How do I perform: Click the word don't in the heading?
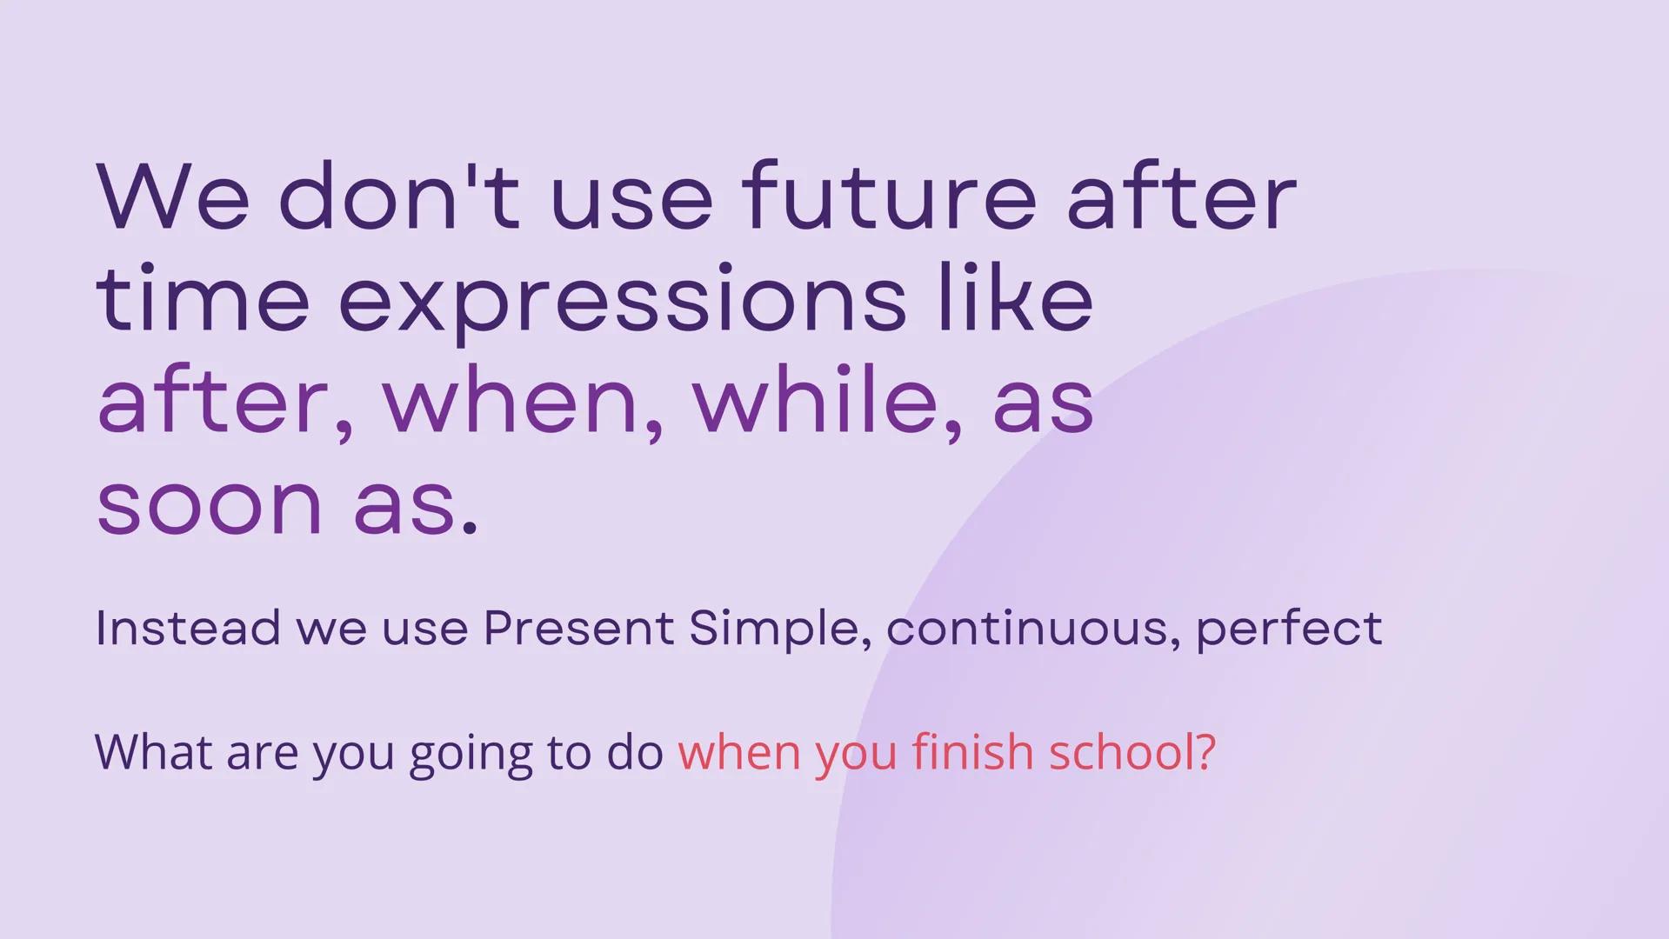pyautogui.click(x=398, y=197)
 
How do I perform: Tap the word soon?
pyautogui.click(x=209, y=504)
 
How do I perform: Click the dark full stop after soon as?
pyautogui.click(x=470, y=527)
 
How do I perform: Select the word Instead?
pyautogui.click(x=188, y=628)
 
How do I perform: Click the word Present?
pyautogui.click(x=578, y=628)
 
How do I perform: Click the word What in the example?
pyautogui.click(x=153, y=751)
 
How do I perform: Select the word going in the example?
pyautogui.click(x=471, y=753)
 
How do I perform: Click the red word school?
pyautogui.click(x=1120, y=751)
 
